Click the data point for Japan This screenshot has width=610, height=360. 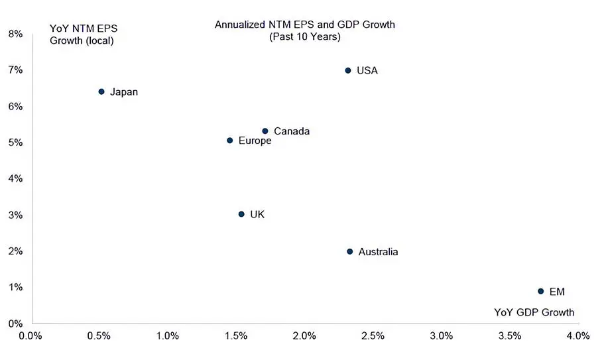pos(101,91)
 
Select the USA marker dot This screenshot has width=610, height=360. pos(348,70)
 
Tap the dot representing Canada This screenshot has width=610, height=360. pos(265,131)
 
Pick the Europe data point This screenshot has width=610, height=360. pos(230,141)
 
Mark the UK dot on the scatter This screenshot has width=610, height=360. pos(241,214)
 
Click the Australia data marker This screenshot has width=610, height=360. pos(350,251)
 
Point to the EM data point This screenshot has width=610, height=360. pos(541,291)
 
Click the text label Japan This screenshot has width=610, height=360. pos(124,92)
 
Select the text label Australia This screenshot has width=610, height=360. pos(378,252)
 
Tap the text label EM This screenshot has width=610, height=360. pos(557,292)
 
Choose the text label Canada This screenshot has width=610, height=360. pos(292,131)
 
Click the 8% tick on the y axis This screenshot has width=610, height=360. pos(15,34)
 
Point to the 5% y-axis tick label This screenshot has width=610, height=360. pos(15,143)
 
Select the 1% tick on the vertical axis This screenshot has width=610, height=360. pos(15,287)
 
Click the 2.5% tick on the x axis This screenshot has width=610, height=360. pos(373,335)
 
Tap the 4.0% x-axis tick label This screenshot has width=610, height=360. pos(578,335)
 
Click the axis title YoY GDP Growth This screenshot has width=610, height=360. pos(534,312)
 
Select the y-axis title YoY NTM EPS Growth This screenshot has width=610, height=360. pos(84,34)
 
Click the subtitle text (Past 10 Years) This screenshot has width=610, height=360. pos(304,37)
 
